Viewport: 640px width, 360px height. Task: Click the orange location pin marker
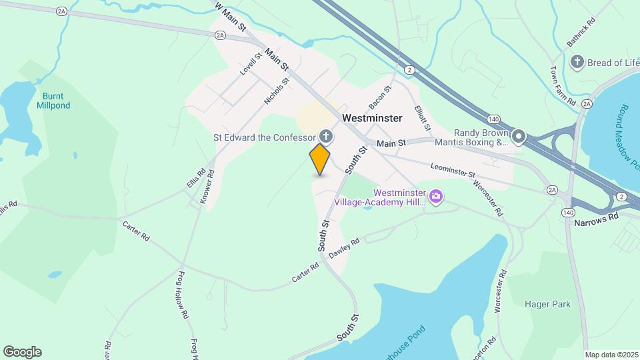click(320, 159)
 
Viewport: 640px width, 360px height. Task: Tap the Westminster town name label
click(372, 118)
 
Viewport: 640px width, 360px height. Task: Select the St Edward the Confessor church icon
click(326, 137)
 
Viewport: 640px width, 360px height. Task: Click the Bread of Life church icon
click(577, 62)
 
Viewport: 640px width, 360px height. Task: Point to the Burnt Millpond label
click(53, 101)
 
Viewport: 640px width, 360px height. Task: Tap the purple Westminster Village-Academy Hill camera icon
click(436, 196)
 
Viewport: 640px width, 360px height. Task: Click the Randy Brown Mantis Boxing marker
click(519, 138)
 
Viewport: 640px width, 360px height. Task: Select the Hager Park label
click(552, 305)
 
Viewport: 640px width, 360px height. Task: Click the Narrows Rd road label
click(596, 217)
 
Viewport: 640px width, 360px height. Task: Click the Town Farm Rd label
click(562, 85)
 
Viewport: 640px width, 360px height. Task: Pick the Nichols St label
click(277, 92)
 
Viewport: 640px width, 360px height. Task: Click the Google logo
click(22, 352)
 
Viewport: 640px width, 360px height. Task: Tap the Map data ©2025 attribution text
click(611, 355)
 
